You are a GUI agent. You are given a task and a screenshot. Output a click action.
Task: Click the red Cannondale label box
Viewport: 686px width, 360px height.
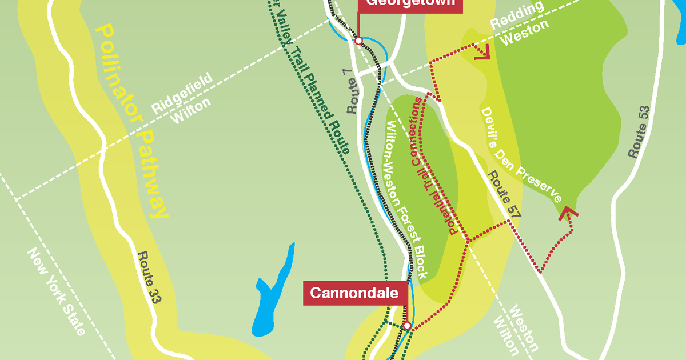pos(354,293)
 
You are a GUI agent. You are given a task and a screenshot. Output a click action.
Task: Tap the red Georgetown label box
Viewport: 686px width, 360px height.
pos(410,3)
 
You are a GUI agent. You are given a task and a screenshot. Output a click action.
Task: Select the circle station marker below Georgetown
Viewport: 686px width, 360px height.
pos(358,41)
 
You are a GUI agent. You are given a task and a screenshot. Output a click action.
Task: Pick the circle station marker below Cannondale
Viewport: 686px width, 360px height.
pos(407,326)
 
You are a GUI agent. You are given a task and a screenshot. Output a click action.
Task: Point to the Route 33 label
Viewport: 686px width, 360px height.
pos(147,279)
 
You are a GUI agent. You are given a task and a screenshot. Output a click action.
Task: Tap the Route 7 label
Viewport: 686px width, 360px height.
pos(354,92)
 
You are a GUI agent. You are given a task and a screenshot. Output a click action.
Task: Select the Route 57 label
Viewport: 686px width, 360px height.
pos(504,195)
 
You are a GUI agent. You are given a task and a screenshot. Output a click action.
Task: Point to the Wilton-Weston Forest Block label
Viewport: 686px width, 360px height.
pos(407,200)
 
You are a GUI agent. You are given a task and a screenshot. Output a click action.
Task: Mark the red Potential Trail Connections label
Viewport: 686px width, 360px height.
pos(435,166)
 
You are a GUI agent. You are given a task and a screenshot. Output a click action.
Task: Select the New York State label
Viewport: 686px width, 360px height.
pos(57,292)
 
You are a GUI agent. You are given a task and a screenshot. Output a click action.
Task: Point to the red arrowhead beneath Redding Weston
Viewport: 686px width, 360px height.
pos(484,53)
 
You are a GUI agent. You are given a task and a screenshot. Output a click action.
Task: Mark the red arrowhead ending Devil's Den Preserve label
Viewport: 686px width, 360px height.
pos(568,213)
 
